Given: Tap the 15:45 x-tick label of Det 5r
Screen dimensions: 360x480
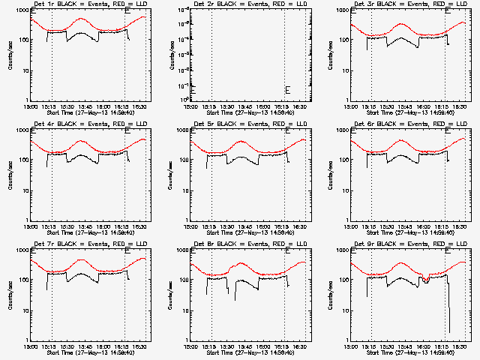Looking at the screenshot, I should pyautogui.click(x=247, y=226).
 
